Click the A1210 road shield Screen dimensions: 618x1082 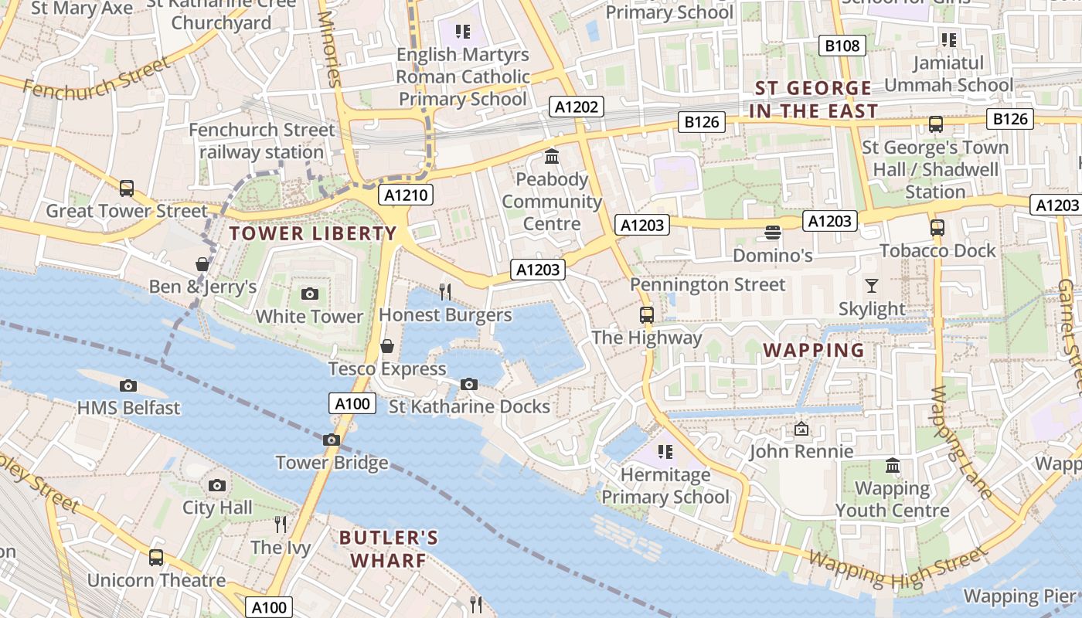(x=406, y=195)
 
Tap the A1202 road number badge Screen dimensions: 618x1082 (x=577, y=107)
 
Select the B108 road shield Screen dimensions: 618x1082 (x=842, y=46)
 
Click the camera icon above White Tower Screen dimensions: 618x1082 (x=310, y=294)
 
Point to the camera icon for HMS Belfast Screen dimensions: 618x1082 (x=128, y=385)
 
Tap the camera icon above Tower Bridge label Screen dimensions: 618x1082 (x=332, y=440)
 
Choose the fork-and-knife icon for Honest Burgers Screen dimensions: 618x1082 (x=445, y=291)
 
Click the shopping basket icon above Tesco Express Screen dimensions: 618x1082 (x=387, y=346)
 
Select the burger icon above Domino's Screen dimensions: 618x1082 (x=771, y=232)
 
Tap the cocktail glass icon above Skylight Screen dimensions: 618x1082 (x=872, y=286)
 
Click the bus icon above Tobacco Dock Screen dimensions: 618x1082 (x=937, y=227)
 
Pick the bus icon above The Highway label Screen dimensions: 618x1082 (x=647, y=314)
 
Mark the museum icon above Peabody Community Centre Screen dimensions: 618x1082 (x=552, y=157)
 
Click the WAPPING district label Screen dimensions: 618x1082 (x=814, y=350)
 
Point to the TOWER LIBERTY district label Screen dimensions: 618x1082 (x=313, y=233)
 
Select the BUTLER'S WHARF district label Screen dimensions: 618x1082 (x=389, y=548)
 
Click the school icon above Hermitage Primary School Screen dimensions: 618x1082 (x=665, y=451)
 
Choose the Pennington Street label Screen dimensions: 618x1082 (x=707, y=284)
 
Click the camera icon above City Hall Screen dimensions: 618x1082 (x=217, y=485)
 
